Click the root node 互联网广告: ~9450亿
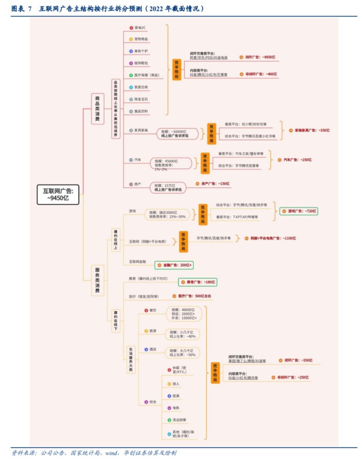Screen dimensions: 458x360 coord(58,194)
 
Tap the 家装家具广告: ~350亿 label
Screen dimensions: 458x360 coord(312,130)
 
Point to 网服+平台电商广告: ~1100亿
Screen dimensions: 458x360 coord(273,239)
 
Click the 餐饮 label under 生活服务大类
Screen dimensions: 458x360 coord(152,311)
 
